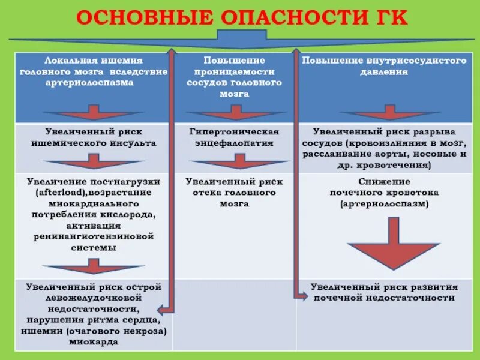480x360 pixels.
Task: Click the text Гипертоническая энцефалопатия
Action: coord(235,137)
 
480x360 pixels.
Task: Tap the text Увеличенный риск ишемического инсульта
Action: coord(93,137)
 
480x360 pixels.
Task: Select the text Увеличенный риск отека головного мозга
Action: coord(235,192)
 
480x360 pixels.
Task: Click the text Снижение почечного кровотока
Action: coord(384,193)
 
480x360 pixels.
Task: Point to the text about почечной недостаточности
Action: coord(384,292)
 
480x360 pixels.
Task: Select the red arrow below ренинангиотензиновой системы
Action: coord(93,266)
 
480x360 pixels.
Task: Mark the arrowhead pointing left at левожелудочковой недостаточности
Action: coord(161,310)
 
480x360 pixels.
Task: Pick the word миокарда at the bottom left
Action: coord(93,341)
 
